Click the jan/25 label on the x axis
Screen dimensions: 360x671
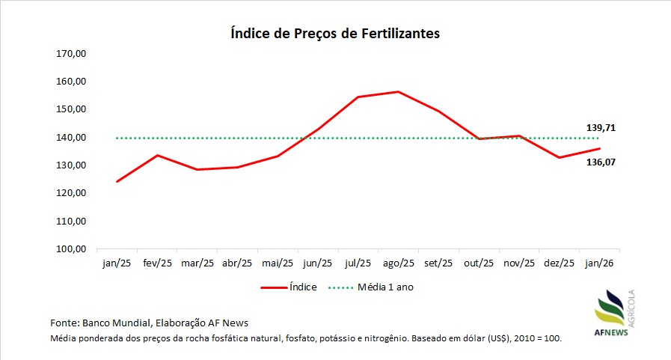point(116,263)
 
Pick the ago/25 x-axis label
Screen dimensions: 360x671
point(398,263)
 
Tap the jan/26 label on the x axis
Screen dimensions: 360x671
point(600,263)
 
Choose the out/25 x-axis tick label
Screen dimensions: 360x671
point(479,263)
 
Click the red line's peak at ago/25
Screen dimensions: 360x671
point(398,92)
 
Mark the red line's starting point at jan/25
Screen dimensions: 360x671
point(117,181)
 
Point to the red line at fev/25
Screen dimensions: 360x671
point(156,156)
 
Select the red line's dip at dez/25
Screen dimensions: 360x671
point(560,157)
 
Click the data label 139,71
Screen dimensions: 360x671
point(601,128)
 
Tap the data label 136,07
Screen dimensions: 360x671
point(601,162)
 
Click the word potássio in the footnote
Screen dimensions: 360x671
point(341,339)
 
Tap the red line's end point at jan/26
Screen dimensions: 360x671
point(600,148)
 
